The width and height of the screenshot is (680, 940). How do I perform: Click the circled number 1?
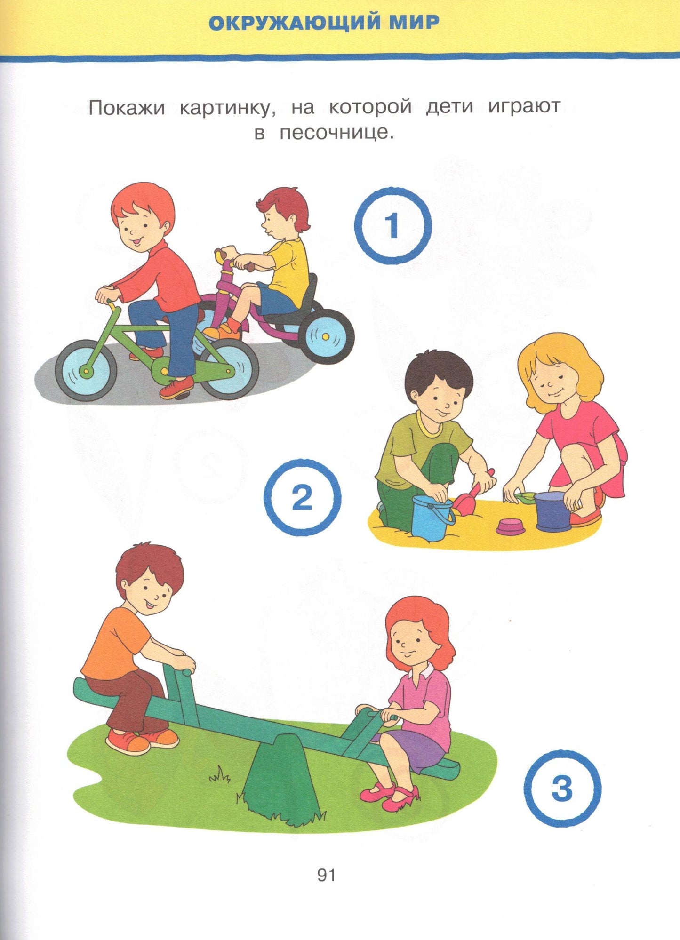click(392, 226)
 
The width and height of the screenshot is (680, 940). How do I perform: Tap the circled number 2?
click(302, 498)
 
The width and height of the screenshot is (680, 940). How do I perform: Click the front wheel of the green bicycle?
click(86, 370)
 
